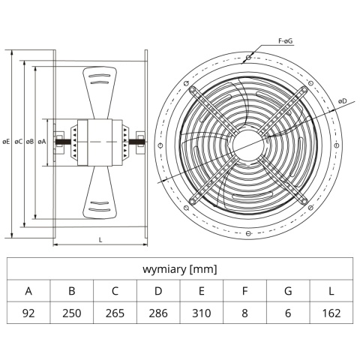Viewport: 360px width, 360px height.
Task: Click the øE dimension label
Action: tap(6, 142)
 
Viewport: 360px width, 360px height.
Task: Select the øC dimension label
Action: tap(18, 142)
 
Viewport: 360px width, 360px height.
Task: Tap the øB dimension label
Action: tap(30, 142)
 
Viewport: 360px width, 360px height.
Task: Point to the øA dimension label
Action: tap(42, 142)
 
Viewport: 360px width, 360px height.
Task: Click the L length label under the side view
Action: tap(100, 240)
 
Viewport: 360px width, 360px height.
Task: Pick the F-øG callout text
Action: tap(286, 41)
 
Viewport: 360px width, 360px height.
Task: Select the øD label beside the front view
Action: tap(343, 101)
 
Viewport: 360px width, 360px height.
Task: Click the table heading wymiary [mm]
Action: tap(180, 269)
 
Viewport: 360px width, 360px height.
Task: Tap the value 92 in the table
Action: tap(28, 313)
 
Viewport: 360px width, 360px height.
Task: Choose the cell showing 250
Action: tap(72, 313)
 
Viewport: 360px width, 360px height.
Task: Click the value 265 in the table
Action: tap(115, 313)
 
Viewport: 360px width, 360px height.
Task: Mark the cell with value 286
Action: tap(158, 313)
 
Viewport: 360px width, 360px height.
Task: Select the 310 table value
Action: tap(202, 313)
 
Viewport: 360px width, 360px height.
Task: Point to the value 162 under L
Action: tap(331, 313)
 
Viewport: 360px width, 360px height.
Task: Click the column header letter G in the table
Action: tap(288, 291)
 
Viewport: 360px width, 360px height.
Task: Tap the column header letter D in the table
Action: tap(158, 291)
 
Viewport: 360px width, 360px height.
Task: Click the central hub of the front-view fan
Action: tap(247, 145)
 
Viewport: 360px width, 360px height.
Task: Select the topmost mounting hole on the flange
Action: tap(248, 58)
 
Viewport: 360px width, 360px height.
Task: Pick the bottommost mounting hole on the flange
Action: tap(248, 233)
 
